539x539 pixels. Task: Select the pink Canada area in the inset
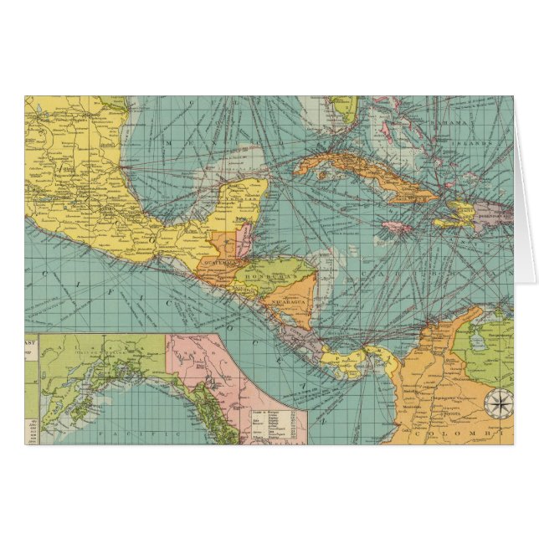(x=201, y=360)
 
